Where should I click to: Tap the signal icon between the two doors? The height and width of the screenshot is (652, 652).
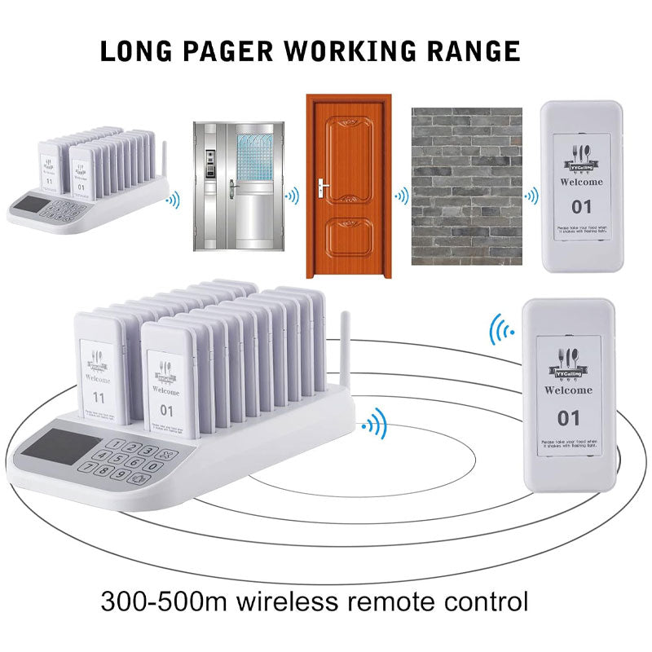coord(291,196)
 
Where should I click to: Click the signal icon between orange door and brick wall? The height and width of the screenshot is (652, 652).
coord(401,196)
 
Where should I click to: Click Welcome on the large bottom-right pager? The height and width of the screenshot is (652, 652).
coord(568,390)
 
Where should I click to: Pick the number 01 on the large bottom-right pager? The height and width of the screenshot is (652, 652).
coord(568,418)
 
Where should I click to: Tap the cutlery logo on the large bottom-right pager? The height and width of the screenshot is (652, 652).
coord(568,359)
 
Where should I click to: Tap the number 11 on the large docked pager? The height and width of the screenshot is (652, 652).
coord(100,398)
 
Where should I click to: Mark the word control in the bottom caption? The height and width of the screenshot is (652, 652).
coord(480,603)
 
